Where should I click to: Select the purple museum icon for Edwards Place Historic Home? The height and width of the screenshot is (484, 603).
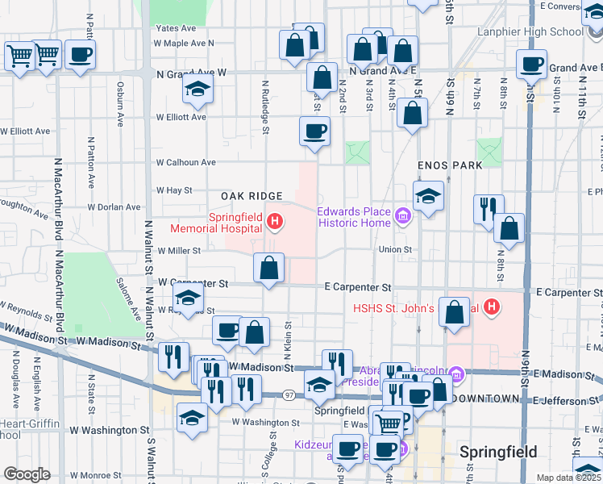[x=404, y=215]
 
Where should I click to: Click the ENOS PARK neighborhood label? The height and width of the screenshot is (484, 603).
[x=450, y=165]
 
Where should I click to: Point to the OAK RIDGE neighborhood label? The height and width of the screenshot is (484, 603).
[x=252, y=196]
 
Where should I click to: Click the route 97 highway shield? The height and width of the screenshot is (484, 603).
[x=289, y=394]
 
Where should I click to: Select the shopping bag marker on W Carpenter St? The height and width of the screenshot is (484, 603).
[x=268, y=268]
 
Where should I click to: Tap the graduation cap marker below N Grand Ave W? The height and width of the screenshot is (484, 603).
[x=197, y=91]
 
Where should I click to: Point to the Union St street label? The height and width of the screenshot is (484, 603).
[x=397, y=250]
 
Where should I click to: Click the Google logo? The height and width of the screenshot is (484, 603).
[x=27, y=474]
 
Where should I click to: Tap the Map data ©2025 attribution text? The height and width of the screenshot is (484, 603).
[x=568, y=478]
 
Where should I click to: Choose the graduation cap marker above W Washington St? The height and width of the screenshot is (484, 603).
[x=192, y=419]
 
